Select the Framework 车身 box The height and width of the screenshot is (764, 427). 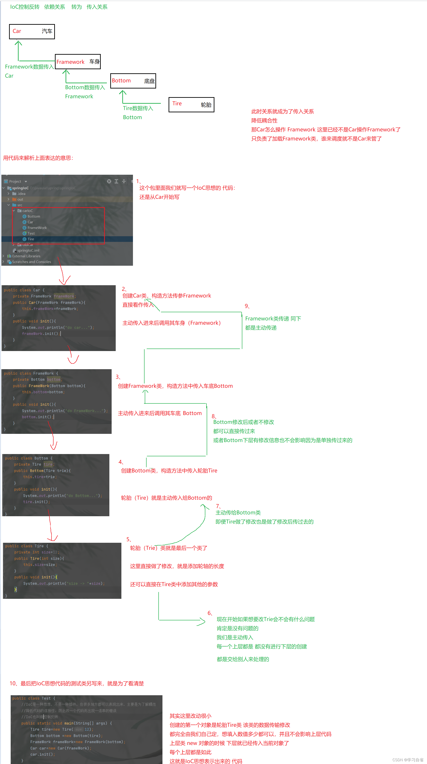[78, 62]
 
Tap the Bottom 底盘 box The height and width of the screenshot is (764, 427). [133, 81]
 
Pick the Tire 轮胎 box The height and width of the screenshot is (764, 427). [191, 104]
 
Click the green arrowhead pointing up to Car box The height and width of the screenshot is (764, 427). [18, 43]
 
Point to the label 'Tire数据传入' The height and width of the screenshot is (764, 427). [138, 108]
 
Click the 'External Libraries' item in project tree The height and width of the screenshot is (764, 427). [26, 256]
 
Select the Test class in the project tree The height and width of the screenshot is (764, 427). [31, 233]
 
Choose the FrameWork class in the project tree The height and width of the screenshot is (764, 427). [37, 228]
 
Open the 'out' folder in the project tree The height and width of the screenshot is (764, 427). [20, 199]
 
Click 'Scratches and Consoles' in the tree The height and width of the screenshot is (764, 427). [32, 262]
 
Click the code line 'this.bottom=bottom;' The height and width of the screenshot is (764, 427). [43, 392]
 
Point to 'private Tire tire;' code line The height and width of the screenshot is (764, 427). [34, 464]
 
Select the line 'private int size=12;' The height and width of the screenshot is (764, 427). [37, 552]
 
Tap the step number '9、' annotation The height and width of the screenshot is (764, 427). [247, 306]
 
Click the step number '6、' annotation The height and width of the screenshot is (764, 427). [210, 613]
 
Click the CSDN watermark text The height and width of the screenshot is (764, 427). [408, 760]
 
